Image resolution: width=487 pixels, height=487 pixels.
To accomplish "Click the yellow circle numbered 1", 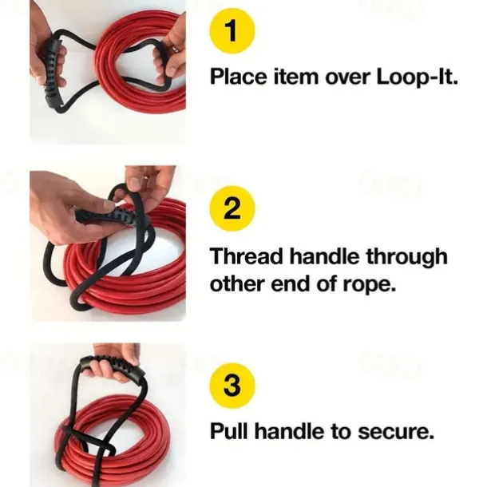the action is point(232,32).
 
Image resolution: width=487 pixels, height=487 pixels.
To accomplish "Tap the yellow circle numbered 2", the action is point(232,208).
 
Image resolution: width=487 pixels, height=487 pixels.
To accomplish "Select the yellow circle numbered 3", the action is point(232,385).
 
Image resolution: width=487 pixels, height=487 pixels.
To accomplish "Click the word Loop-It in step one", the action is point(417,77).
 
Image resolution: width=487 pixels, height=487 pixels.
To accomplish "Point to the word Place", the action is point(238,77).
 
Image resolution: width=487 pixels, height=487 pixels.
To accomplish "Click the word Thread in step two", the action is point(247,256).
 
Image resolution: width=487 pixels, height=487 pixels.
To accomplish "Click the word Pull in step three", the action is point(229,431).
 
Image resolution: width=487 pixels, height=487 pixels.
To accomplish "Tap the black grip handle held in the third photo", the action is point(113,367).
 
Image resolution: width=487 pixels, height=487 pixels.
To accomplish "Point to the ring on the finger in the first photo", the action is point(175,48).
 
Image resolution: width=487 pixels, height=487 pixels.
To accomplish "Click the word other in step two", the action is point(237,283).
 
